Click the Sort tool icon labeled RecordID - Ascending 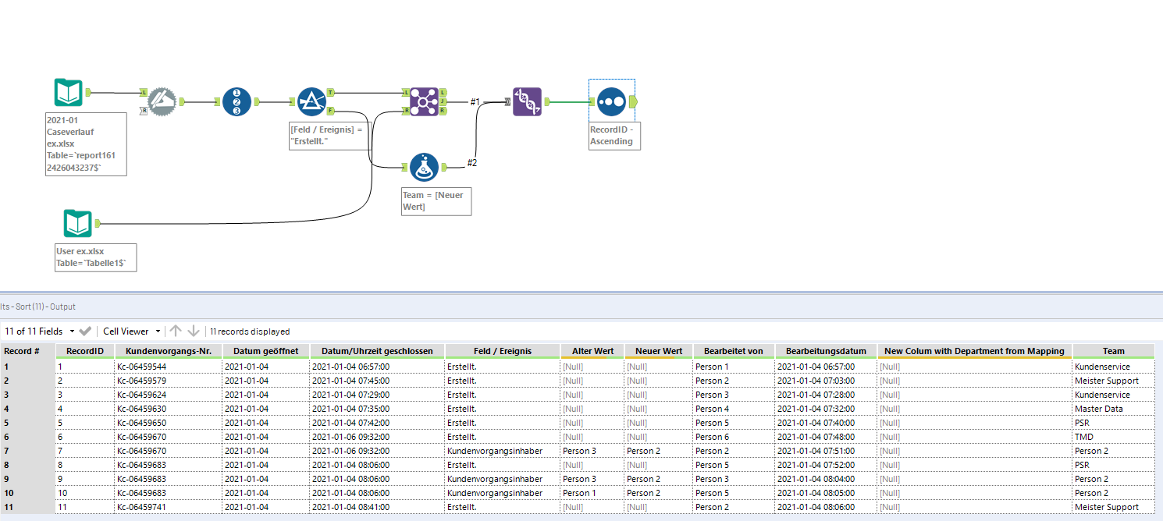612,101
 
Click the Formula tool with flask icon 422,166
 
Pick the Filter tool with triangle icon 311,101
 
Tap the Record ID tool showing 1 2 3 237,101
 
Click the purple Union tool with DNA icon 527,101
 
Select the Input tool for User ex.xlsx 77,224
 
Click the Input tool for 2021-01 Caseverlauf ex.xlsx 69,93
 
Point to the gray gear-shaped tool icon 162,101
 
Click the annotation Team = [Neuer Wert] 436,201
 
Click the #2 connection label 472,162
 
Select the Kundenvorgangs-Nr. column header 169,351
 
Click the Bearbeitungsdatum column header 826,351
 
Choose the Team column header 1113,351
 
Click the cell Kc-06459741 141,507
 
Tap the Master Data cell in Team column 1098,409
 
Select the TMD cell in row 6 1083,437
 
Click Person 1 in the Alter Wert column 577,493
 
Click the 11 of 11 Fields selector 39,331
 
